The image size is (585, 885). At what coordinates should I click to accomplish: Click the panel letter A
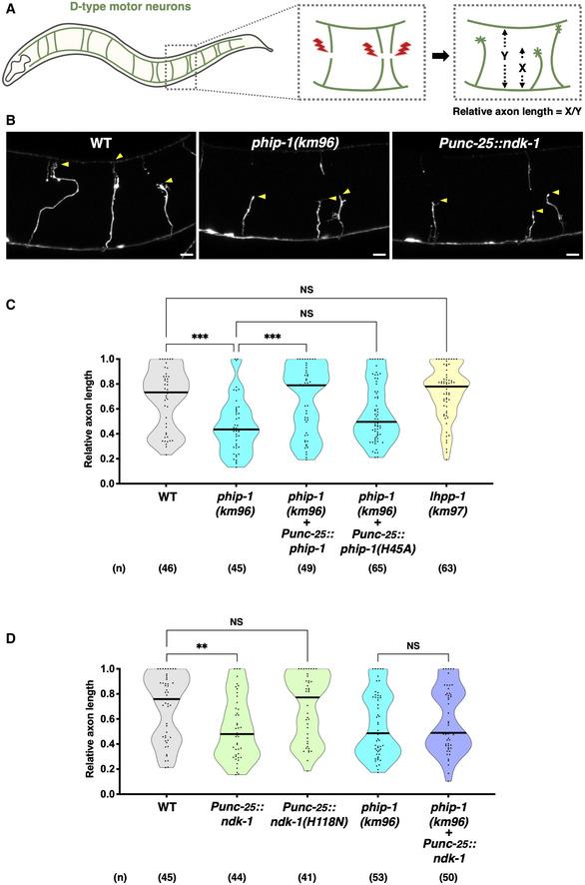click(9, 9)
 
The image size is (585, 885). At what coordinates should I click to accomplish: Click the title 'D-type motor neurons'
click(105, 11)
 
